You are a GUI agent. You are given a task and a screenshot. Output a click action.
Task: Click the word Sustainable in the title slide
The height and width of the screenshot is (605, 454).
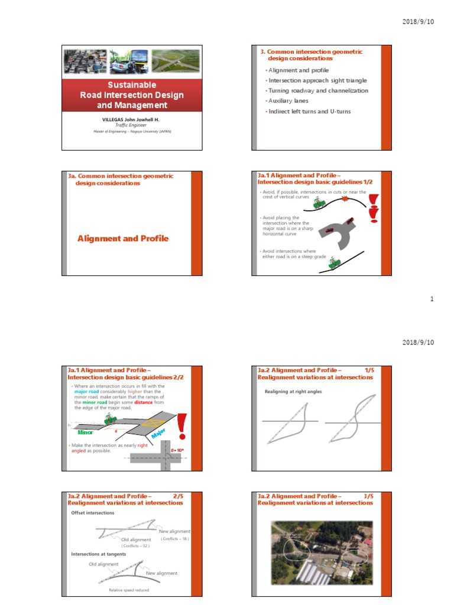click(132, 85)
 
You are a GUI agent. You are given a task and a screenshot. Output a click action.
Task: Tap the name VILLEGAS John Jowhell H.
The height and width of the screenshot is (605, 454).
click(132, 119)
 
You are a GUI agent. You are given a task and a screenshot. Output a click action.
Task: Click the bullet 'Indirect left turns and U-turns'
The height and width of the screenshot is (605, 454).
click(306, 111)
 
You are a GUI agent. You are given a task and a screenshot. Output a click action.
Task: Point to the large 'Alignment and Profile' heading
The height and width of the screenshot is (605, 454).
click(123, 239)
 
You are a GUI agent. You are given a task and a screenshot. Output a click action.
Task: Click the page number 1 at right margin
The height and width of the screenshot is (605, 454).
click(432, 300)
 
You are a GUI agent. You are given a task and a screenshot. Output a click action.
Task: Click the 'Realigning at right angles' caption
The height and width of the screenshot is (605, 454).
click(293, 392)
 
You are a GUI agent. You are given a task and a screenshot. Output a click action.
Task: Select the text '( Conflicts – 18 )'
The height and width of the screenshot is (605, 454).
click(174, 539)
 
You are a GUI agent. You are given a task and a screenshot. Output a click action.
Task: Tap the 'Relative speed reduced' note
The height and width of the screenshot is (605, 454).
click(129, 590)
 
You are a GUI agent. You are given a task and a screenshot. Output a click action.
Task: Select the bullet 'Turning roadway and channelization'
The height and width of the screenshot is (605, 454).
click(317, 91)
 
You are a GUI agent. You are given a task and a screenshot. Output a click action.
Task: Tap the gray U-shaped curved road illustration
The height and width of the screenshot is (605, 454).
click(337, 234)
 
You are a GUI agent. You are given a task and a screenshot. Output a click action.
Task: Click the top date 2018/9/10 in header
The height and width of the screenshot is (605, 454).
click(418, 22)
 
